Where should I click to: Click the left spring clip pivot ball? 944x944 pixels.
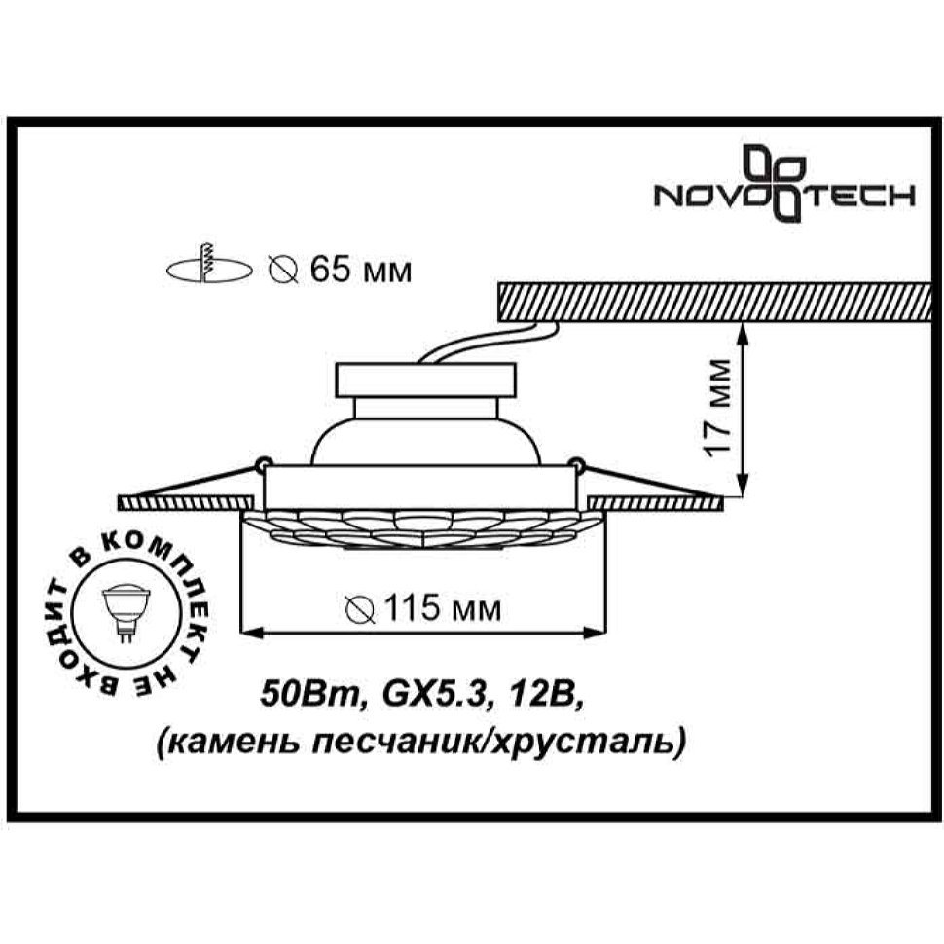tap(261, 464)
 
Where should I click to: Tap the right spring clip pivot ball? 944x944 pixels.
tap(577, 464)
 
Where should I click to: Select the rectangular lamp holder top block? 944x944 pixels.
tap(426, 380)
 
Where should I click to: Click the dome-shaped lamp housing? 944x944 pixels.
tap(426, 441)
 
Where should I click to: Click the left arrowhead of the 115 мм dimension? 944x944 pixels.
tap(253, 633)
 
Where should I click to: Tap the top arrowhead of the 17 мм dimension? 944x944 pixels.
tap(745, 335)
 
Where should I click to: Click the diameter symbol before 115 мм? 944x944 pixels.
tap(361, 609)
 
